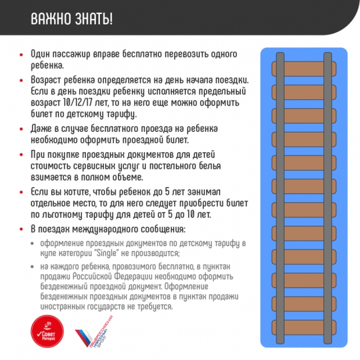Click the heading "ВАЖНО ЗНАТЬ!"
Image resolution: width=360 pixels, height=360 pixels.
(71, 19)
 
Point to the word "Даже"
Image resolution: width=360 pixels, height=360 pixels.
(41, 128)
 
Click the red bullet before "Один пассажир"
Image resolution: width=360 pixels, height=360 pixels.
(21, 54)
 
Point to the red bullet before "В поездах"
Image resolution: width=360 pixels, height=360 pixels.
(21, 229)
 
